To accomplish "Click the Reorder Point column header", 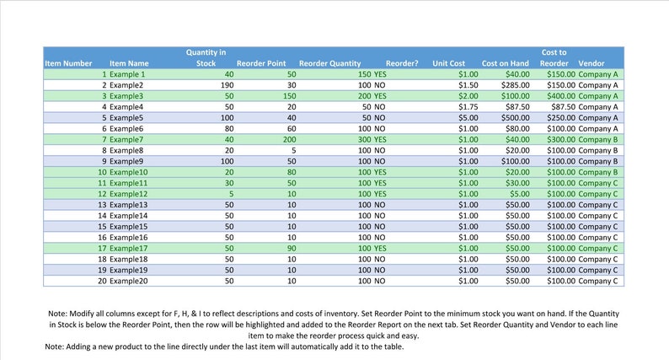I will click(261, 63).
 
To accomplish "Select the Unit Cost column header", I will click(448, 63).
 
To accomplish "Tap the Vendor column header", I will click(591, 63).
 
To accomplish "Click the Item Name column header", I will click(129, 63).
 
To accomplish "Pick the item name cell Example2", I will click(123, 85).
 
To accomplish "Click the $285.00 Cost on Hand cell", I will click(515, 85).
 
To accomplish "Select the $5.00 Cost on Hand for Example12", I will click(519, 194).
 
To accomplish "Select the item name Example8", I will click(126, 150).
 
